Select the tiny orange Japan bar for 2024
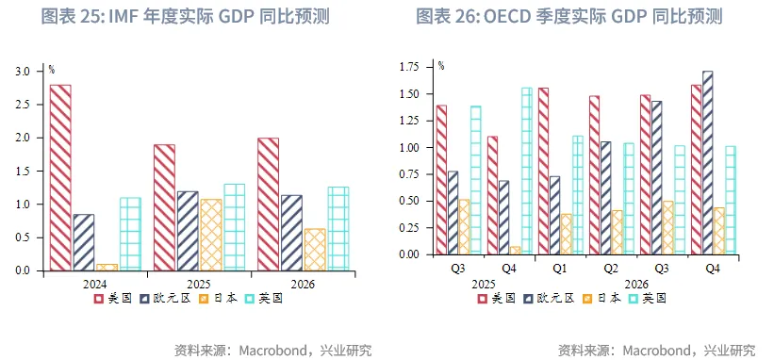pyautogui.click(x=107, y=267)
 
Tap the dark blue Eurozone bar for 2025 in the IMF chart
pyautogui.click(x=188, y=231)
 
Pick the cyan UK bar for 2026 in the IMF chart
pyautogui.click(x=338, y=228)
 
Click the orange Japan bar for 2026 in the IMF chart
pyautogui.click(x=315, y=249)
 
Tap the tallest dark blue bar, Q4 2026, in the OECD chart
pyautogui.click(x=707, y=162)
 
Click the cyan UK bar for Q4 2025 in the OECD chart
pyautogui.click(x=526, y=171)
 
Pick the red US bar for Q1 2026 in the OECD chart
pyautogui.click(x=543, y=171)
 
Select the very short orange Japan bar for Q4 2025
pyautogui.click(x=515, y=250)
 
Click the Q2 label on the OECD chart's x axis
pyautogui.click(x=611, y=268)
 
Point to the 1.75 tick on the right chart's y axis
pyautogui.click(x=411, y=67)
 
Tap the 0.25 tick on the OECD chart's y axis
pyautogui.click(x=411, y=227)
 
